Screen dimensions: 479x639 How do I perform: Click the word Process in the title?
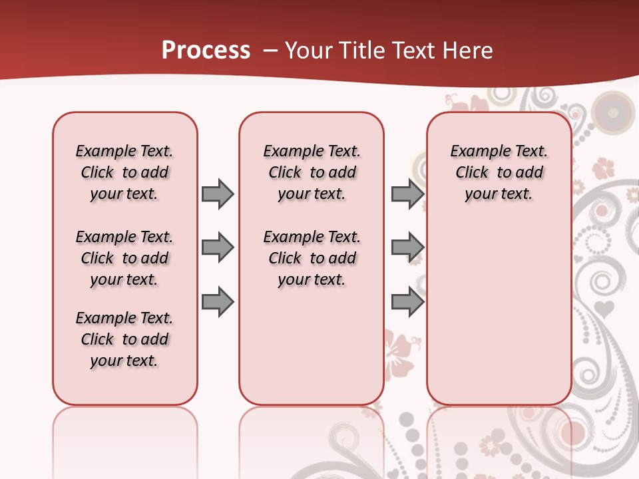pos(206,51)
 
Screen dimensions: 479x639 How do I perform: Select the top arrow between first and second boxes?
pos(218,194)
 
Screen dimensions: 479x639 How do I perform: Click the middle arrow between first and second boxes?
pos(218,247)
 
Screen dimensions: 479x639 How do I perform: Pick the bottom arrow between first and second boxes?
pos(218,302)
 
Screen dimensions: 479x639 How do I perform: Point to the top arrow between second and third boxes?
pos(407,194)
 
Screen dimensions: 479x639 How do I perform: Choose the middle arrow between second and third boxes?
pos(407,247)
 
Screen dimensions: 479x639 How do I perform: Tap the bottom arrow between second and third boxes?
pos(407,302)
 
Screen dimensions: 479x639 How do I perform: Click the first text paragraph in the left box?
pos(124,172)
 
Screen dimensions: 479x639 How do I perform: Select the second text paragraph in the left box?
pos(124,258)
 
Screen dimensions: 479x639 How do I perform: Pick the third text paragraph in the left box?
pos(124,339)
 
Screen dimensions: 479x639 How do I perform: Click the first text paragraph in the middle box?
pos(312,172)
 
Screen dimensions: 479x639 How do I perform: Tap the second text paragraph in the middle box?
pos(312,258)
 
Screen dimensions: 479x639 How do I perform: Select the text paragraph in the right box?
pos(499,172)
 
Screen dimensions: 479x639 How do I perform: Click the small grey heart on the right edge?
pos(604,308)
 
